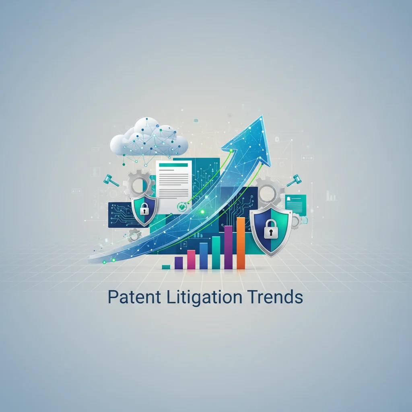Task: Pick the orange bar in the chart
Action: click(x=241, y=243)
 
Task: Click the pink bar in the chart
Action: click(x=191, y=260)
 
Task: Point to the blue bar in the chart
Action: click(x=204, y=256)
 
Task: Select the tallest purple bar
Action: click(x=228, y=247)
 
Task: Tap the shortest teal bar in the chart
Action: click(x=166, y=267)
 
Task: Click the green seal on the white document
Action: click(x=182, y=206)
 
